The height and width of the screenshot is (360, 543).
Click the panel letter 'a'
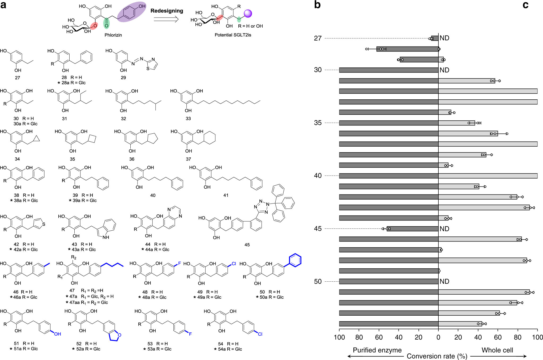click(3, 5)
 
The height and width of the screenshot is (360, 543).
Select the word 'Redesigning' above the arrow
click(167, 11)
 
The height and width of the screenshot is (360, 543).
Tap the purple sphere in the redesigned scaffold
click(248, 14)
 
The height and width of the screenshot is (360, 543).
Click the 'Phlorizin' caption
click(113, 35)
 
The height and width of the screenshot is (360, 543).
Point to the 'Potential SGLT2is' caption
click(233, 35)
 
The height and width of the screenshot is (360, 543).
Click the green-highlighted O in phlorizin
click(106, 26)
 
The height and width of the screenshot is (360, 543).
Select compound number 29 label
click(123, 78)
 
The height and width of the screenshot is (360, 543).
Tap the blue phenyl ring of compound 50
click(295, 260)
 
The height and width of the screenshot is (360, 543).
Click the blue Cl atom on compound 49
click(234, 264)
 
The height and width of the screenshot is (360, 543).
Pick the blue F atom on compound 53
click(190, 334)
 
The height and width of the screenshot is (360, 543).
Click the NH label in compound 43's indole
click(106, 237)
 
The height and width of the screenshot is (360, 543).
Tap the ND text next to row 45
click(444, 229)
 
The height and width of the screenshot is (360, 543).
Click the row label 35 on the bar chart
click(318, 123)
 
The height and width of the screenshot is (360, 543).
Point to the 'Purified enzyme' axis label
click(377, 350)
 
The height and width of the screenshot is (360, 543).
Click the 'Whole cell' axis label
click(497, 350)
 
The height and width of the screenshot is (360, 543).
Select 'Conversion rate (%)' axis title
click(437, 356)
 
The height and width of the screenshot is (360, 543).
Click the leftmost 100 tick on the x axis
click(339, 337)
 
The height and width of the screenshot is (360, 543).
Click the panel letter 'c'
click(525, 5)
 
